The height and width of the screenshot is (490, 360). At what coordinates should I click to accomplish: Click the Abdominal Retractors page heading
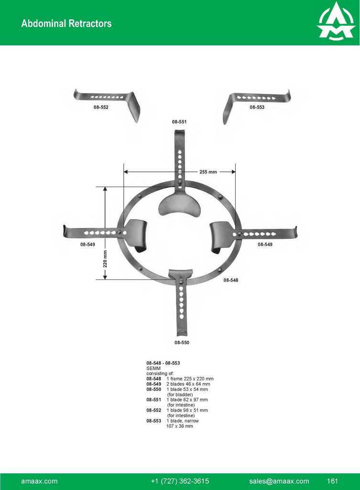66,23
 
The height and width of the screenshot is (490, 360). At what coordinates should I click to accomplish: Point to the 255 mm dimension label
208,172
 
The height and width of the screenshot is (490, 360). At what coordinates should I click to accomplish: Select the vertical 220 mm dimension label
105,259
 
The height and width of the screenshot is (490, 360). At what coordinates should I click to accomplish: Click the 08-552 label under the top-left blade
101,107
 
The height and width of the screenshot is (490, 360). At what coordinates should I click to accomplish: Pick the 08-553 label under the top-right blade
257,107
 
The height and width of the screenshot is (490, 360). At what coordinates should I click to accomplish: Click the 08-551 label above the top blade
179,122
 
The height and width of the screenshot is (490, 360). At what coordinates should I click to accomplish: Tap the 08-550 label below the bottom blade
182,343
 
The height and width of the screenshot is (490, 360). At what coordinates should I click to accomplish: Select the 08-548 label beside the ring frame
231,280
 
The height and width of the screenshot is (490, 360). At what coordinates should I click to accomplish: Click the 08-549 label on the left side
87,245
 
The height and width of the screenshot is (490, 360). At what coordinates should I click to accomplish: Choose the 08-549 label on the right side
265,245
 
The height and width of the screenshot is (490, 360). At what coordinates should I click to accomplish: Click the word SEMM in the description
153,368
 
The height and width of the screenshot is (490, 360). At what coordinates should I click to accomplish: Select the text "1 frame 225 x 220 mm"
190,379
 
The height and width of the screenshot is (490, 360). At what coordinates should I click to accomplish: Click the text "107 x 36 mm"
180,426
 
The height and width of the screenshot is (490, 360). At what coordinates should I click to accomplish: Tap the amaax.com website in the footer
39,481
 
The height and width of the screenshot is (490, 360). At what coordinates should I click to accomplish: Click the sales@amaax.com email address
279,481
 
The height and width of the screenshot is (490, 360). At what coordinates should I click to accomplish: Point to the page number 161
333,481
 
